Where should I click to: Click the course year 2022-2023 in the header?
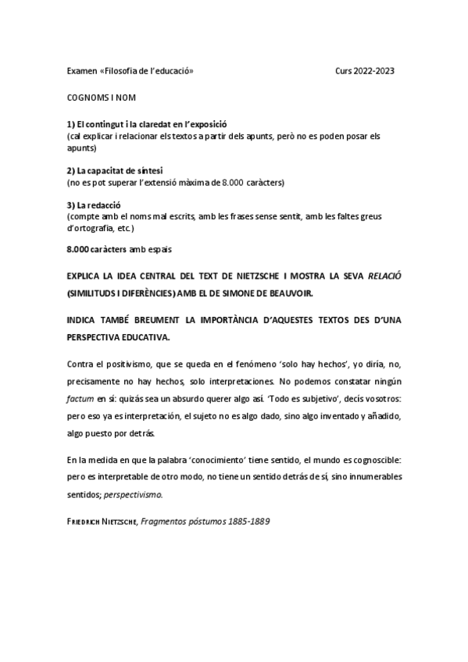[x=373, y=71]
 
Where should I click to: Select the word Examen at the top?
[x=81, y=71]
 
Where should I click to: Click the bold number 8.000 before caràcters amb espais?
[x=78, y=249]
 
